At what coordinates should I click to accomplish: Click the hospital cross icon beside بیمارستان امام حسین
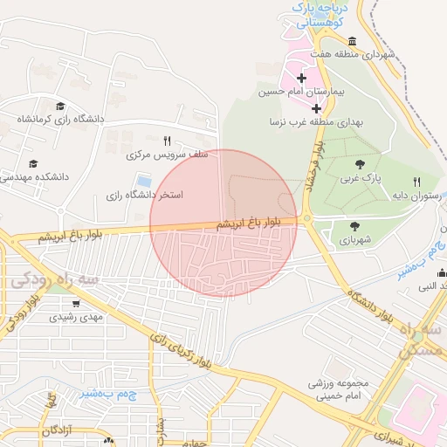(302, 79)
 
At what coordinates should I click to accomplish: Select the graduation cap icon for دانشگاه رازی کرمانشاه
(59, 104)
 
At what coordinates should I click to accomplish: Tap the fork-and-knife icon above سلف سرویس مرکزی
(168, 140)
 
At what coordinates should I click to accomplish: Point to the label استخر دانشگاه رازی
(145, 195)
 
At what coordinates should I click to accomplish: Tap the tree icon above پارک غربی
(360, 163)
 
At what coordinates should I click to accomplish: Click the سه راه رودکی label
(52, 280)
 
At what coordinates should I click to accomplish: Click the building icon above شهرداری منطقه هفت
(352, 41)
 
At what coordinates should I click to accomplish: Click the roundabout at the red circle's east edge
(307, 220)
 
